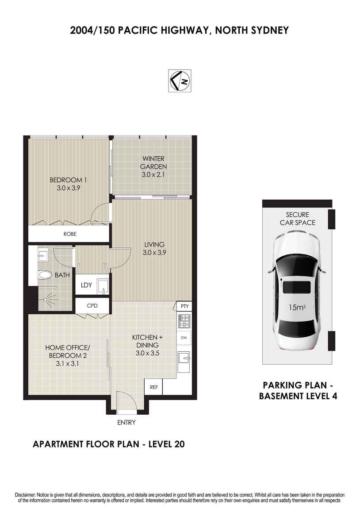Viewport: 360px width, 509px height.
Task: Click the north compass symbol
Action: (180, 81)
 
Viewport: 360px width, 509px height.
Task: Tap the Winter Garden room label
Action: (153, 166)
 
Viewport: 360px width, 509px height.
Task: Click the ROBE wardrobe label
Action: (70, 234)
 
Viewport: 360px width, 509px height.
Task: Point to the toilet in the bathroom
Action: (45, 275)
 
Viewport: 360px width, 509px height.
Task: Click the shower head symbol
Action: (49, 298)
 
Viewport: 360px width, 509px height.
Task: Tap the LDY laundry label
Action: (86, 285)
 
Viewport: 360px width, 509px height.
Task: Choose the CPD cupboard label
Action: (92, 305)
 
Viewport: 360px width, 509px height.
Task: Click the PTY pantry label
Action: (184, 306)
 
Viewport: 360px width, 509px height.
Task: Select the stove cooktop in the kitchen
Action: (184, 321)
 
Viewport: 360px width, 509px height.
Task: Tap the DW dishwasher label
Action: (184, 338)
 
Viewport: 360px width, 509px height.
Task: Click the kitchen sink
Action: (184, 359)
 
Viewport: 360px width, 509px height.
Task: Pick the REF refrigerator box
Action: (153, 387)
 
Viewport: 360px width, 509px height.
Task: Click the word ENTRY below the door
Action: (126, 422)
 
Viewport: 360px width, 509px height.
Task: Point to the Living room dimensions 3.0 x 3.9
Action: (154, 252)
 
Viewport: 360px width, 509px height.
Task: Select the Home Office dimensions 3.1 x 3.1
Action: (67, 363)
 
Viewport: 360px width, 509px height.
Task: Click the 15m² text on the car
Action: (298, 307)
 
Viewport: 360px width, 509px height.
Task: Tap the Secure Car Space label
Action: (297, 219)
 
